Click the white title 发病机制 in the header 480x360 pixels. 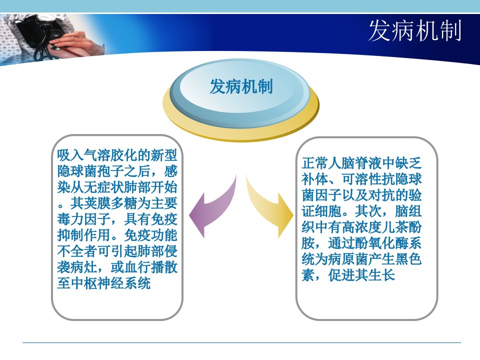(x=415, y=30)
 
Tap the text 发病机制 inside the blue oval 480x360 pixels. (x=241, y=86)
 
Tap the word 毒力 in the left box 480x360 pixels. (x=70, y=219)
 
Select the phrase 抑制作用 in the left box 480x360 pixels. (x=84, y=235)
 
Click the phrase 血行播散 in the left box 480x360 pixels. (x=151, y=267)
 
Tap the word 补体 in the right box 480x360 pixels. (x=314, y=179)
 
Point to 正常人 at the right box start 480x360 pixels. (x=321, y=163)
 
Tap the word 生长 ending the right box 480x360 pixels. (x=381, y=275)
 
